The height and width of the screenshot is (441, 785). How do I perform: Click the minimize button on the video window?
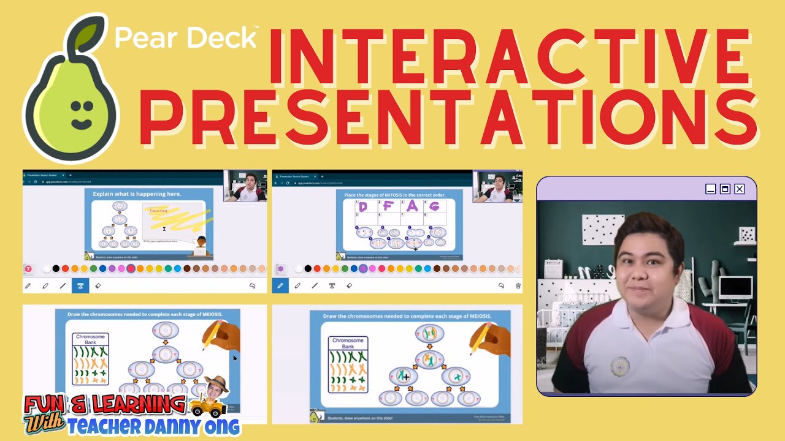tap(710, 189)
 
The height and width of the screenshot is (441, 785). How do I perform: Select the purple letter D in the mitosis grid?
tap(363, 207)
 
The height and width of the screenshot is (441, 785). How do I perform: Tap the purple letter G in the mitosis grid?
tap(434, 207)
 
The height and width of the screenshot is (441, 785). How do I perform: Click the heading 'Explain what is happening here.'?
tap(137, 194)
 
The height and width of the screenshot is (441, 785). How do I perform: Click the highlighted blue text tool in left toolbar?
tap(80, 285)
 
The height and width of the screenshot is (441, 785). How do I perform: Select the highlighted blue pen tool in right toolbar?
tap(280, 285)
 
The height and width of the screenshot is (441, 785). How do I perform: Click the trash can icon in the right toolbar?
tap(518, 285)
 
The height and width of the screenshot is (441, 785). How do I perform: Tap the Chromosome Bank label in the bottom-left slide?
tap(90, 339)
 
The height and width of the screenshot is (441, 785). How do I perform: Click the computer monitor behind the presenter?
tap(735, 287)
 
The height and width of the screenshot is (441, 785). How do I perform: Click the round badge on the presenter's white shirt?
tap(621, 366)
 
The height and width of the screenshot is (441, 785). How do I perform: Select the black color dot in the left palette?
tap(56, 269)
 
